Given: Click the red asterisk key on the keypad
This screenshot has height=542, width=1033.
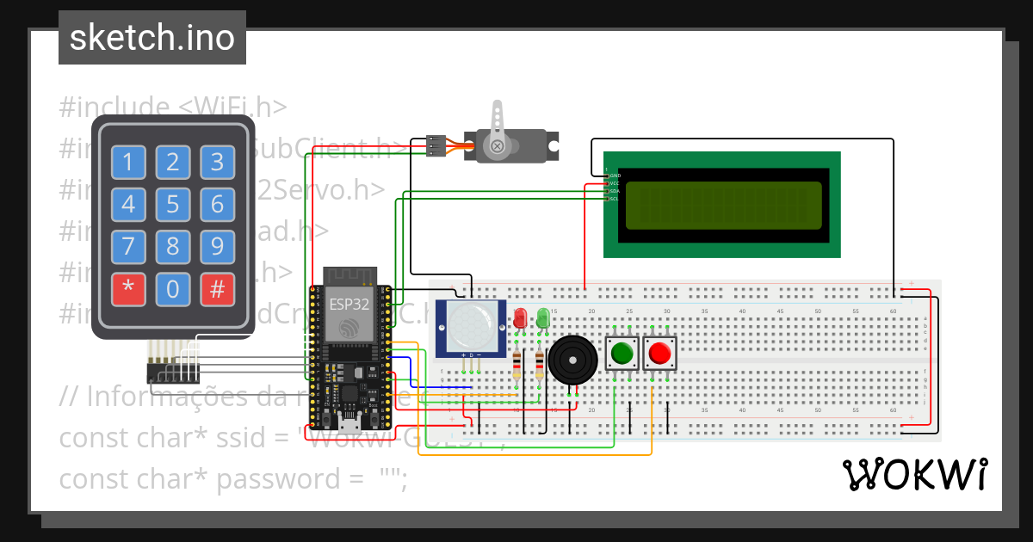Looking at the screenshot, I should [x=128, y=289].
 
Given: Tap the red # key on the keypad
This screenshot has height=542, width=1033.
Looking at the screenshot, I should [x=217, y=289].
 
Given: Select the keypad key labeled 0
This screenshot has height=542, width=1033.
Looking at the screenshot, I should [x=172, y=289].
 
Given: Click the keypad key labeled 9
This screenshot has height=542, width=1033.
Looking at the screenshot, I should [x=217, y=247].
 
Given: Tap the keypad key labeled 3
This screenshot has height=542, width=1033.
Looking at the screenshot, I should [x=217, y=162].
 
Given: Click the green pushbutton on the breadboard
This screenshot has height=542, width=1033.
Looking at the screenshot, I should [x=622, y=353].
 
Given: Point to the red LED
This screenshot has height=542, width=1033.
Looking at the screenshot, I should [x=519, y=318].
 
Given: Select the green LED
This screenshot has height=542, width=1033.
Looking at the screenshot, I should [x=542, y=318].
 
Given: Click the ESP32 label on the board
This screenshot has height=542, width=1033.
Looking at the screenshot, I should [x=349, y=304].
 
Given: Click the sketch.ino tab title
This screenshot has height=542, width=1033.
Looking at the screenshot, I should [x=152, y=38].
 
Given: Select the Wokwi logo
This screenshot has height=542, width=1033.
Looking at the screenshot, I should [x=914, y=474].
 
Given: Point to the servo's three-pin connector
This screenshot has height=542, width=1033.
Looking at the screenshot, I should [x=436, y=146].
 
